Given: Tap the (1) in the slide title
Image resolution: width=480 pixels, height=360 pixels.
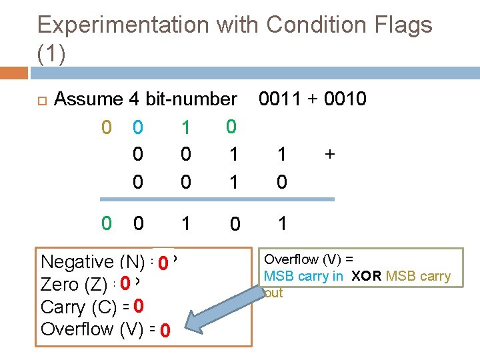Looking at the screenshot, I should coord(51,55).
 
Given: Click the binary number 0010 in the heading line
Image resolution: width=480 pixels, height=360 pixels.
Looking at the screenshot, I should coord(345,99).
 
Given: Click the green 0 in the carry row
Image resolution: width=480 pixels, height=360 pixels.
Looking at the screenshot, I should coord(231,126).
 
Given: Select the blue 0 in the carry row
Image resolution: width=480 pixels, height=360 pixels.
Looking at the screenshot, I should coord(137,127).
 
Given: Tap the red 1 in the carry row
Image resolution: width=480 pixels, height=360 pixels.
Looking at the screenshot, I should coord(186,127).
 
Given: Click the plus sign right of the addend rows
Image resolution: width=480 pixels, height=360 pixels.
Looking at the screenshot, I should coord(329,154).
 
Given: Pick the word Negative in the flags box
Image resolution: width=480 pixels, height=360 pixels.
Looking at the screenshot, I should coord(77,262).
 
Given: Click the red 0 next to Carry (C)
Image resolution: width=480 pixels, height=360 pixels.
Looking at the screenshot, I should coord(139,306).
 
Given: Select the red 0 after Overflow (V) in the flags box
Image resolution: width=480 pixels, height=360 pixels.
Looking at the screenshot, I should coord(165,331).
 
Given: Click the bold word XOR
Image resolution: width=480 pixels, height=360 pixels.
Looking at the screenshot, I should coord(366,276).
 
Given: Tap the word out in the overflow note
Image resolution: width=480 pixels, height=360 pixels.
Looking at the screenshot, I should coord(274,293).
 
